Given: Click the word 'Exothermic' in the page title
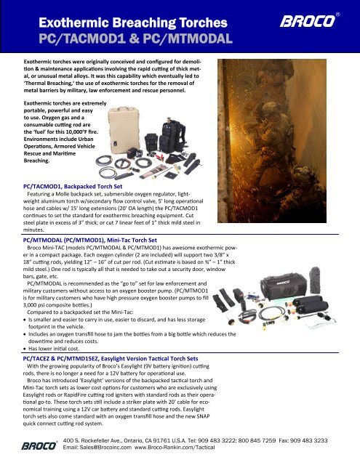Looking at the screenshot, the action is (x=64, y=15).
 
